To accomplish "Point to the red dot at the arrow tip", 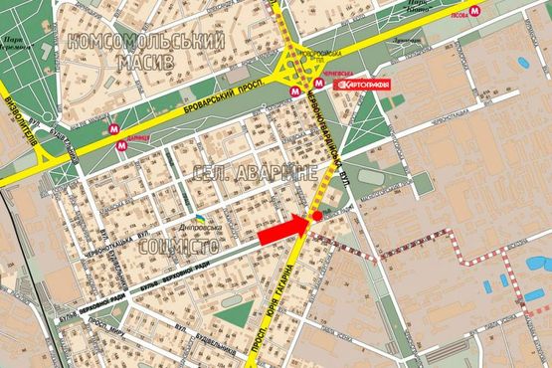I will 317,215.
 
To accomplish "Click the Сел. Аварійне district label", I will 256,173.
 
